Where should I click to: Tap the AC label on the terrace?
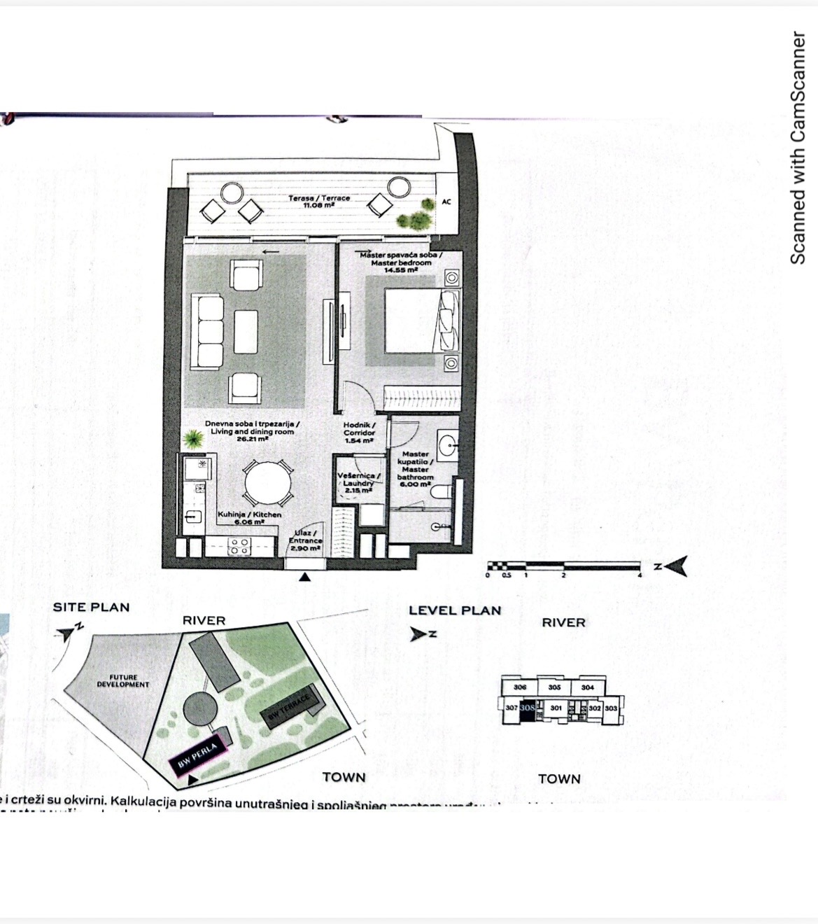pyautogui.click(x=446, y=202)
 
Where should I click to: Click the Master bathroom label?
pyautogui.click(x=416, y=468)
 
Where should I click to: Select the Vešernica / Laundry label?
pyautogui.click(x=358, y=482)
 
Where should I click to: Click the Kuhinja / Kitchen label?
pyautogui.click(x=249, y=518)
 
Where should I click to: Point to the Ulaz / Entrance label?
pyautogui.click(x=305, y=540)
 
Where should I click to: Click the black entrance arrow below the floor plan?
pyautogui.click(x=304, y=577)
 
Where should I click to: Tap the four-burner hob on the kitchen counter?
pyautogui.click(x=239, y=546)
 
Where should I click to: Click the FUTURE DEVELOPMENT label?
pyautogui.click(x=122, y=681)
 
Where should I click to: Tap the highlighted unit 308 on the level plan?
pyautogui.click(x=528, y=708)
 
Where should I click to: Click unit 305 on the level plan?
pyautogui.click(x=554, y=687)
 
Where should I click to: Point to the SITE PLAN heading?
pyautogui.click(x=91, y=608)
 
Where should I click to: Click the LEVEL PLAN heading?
pyautogui.click(x=455, y=610)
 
